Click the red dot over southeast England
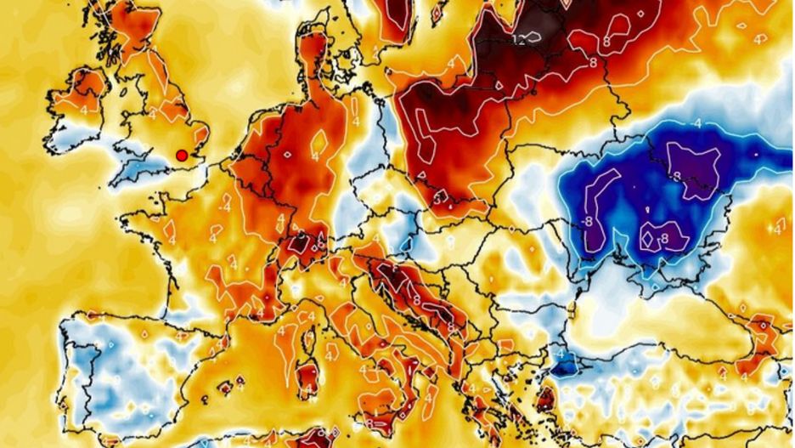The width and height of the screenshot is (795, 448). [181, 155]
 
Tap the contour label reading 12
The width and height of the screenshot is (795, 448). [519, 40]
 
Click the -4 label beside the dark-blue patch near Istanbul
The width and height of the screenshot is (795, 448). [561, 354]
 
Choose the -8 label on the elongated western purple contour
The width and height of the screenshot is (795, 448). [588, 222]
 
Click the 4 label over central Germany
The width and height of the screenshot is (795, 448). [315, 156]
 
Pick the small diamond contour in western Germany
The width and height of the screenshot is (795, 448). [287, 156]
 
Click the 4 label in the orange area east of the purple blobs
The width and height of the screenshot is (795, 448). [777, 229]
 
